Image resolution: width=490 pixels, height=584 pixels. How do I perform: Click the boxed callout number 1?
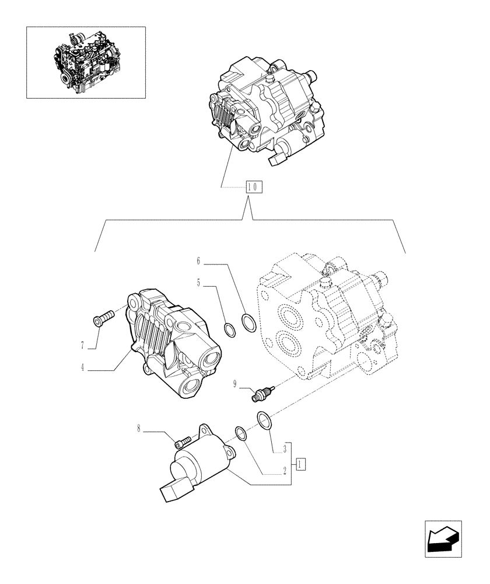pyautogui.click(x=300, y=464)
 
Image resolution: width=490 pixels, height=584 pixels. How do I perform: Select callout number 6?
pyautogui.click(x=198, y=260)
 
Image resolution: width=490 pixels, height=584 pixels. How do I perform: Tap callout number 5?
pyautogui.click(x=199, y=283)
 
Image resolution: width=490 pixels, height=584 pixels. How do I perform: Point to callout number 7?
pyautogui.click(x=83, y=346)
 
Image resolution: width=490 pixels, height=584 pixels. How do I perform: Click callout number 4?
pyautogui.click(x=83, y=368)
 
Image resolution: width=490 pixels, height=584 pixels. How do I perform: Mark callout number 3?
pyautogui.click(x=284, y=449)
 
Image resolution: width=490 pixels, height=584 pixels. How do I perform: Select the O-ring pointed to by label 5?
pyautogui.click(x=231, y=329)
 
